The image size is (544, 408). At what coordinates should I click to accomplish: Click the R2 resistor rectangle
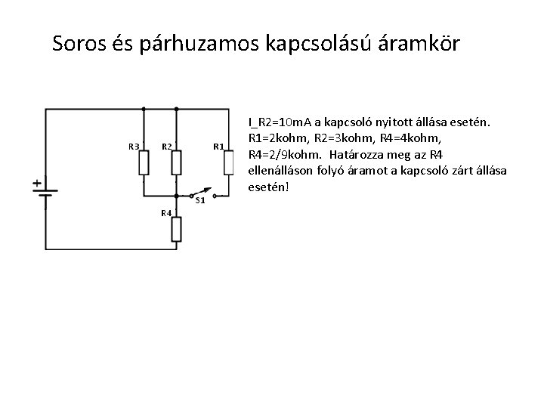175,162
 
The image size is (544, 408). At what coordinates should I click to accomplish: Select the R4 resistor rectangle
175,227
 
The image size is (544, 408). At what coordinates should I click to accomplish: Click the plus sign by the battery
36,182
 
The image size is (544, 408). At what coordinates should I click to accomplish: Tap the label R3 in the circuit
132,146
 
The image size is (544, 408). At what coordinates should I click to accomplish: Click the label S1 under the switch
200,200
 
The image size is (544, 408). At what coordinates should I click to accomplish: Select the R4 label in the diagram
165,212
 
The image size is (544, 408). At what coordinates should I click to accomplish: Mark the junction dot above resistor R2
175,109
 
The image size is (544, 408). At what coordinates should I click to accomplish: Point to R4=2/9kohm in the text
284,155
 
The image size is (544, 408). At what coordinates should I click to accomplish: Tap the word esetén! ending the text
264,188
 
